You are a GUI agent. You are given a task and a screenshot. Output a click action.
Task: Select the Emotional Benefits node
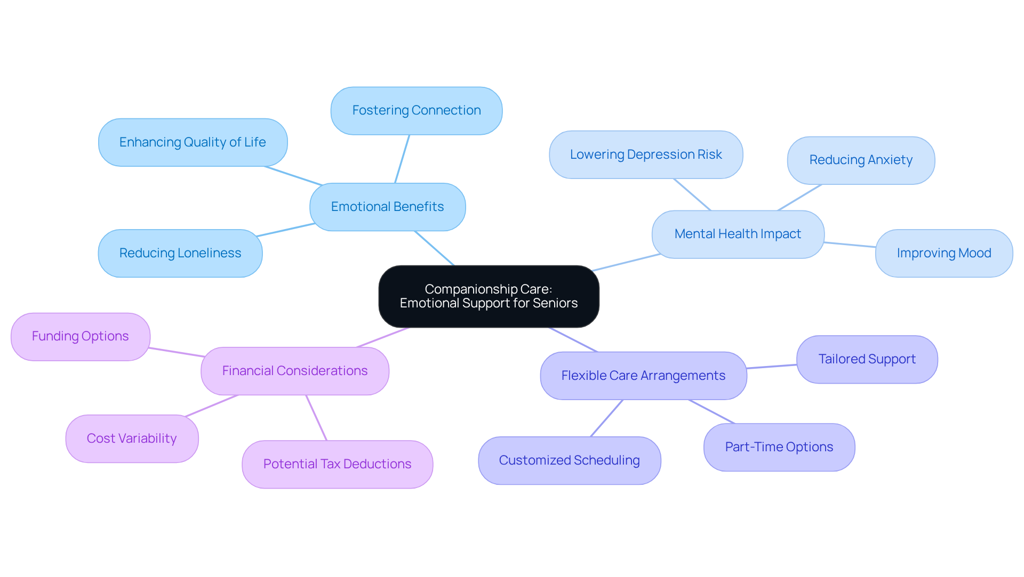click(387, 207)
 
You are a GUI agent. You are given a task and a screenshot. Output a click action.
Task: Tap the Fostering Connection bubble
click(416, 111)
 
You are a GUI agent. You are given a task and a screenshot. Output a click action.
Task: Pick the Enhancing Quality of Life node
click(193, 142)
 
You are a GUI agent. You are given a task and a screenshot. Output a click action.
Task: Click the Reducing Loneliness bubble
click(180, 253)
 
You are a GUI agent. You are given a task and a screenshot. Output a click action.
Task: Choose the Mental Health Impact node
click(738, 234)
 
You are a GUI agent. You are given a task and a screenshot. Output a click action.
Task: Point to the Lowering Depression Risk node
click(645, 155)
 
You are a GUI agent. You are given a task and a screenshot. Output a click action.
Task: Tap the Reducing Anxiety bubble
click(860, 160)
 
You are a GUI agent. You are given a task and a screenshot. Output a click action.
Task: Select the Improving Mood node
click(943, 253)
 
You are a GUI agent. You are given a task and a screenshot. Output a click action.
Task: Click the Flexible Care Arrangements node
click(643, 376)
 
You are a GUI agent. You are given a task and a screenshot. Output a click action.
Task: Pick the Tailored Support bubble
click(867, 359)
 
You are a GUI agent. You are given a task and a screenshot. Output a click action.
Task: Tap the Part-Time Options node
click(779, 447)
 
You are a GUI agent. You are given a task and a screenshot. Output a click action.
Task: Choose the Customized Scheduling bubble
click(569, 460)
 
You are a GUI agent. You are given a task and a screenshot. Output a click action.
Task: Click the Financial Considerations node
click(294, 371)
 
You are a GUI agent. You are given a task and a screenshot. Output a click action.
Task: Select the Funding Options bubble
click(80, 336)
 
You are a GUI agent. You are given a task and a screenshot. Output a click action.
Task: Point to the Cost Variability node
click(132, 438)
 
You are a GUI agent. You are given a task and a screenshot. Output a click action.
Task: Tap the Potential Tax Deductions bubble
click(337, 464)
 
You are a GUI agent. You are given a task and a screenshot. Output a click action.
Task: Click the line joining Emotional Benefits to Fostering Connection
click(402, 159)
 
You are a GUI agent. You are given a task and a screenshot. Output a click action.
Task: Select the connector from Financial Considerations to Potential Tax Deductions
click(316, 418)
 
